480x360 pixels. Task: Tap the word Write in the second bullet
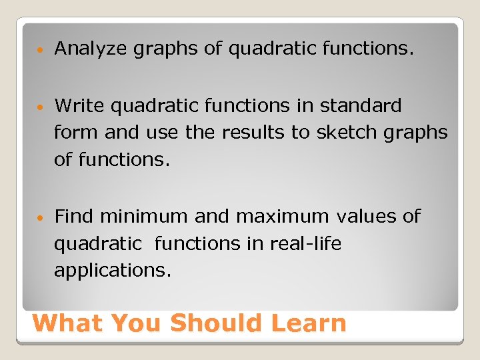tap(79, 105)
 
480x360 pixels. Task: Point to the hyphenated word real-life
tap(305, 244)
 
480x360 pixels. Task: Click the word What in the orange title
tap(68, 323)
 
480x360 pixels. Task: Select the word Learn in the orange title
tap(309, 323)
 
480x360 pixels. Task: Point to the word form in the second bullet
tap(76, 133)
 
